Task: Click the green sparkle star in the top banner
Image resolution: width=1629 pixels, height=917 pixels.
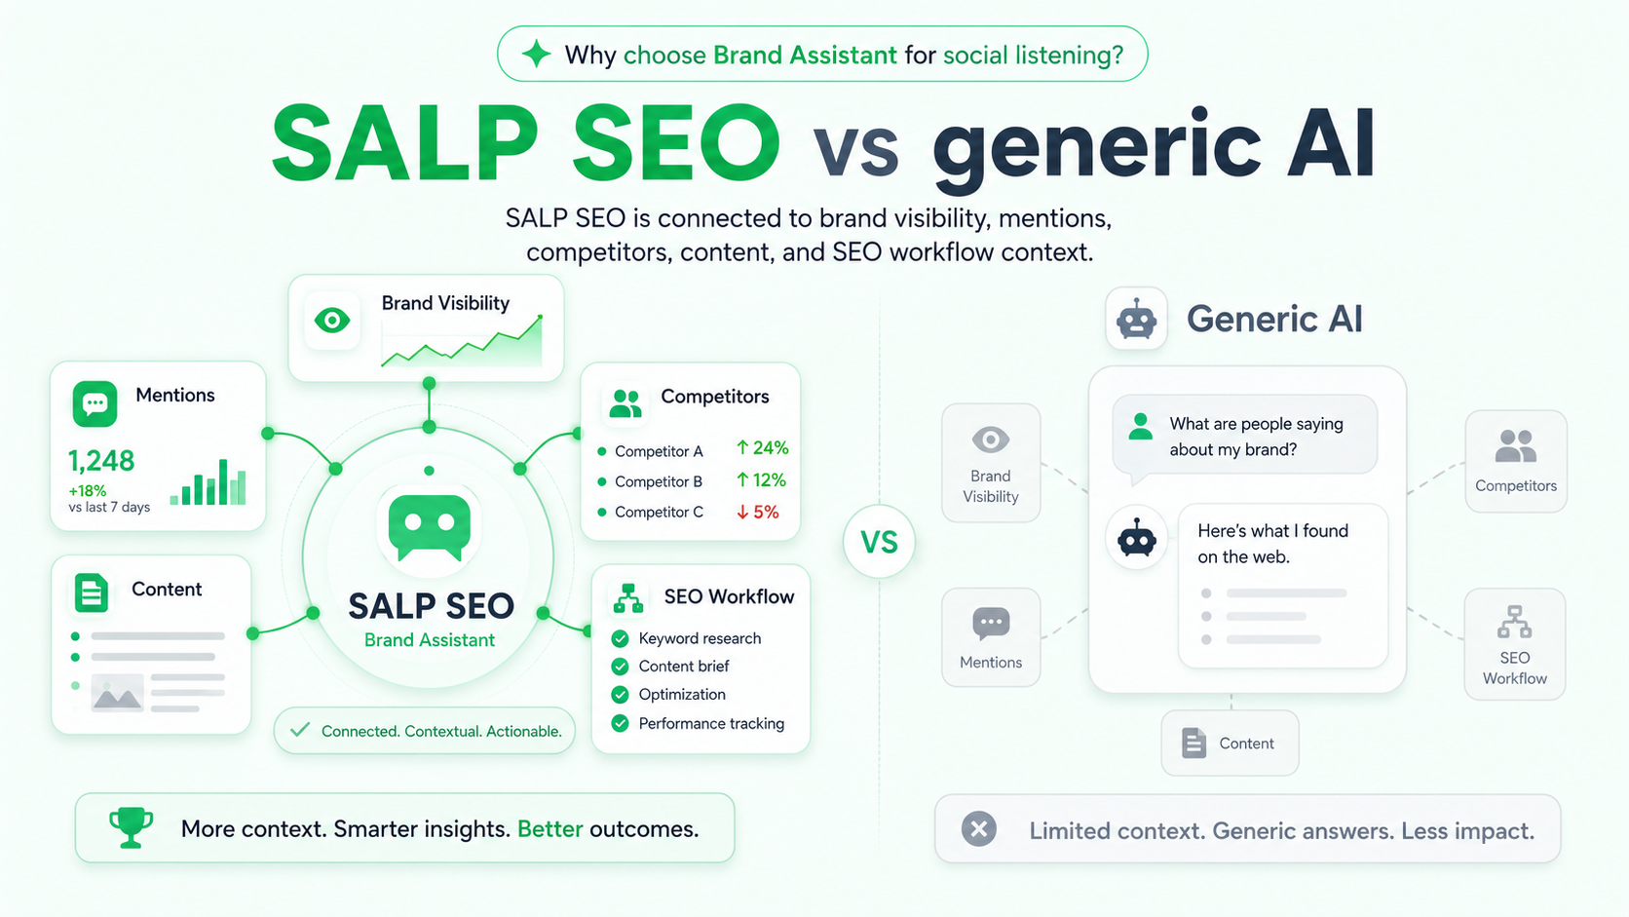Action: point(536,54)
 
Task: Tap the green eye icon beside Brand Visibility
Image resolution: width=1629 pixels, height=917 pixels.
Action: point(331,320)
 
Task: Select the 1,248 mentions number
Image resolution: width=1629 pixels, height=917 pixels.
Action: point(101,461)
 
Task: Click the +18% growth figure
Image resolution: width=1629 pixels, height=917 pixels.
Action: point(88,490)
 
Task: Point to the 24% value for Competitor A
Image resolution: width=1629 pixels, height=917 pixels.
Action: point(762,448)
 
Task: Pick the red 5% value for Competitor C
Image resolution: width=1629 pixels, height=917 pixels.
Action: point(758,512)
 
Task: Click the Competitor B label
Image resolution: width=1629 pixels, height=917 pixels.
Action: point(659,481)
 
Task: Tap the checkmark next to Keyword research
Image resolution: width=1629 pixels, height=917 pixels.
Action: point(620,638)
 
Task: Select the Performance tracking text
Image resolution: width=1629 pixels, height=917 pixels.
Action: point(711,724)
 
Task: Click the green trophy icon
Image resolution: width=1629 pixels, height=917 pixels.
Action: point(131,827)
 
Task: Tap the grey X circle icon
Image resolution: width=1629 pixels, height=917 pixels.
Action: point(979,829)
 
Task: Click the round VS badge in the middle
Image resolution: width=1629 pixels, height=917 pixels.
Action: point(879,542)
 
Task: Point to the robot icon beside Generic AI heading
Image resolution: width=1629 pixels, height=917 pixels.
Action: point(1136,320)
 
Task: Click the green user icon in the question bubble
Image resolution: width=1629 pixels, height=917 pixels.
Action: point(1140,426)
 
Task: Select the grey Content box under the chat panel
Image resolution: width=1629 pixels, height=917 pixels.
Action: point(1230,744)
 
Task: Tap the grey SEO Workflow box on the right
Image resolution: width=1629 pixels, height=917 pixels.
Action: point(1515,644)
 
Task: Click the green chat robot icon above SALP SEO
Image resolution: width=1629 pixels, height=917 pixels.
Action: point(429,527)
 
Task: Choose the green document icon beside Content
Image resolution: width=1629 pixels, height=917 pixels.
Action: point(92,592)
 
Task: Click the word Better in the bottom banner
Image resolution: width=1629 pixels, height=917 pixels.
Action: point(549,829)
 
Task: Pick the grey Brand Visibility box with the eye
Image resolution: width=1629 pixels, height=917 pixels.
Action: point(991,463)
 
